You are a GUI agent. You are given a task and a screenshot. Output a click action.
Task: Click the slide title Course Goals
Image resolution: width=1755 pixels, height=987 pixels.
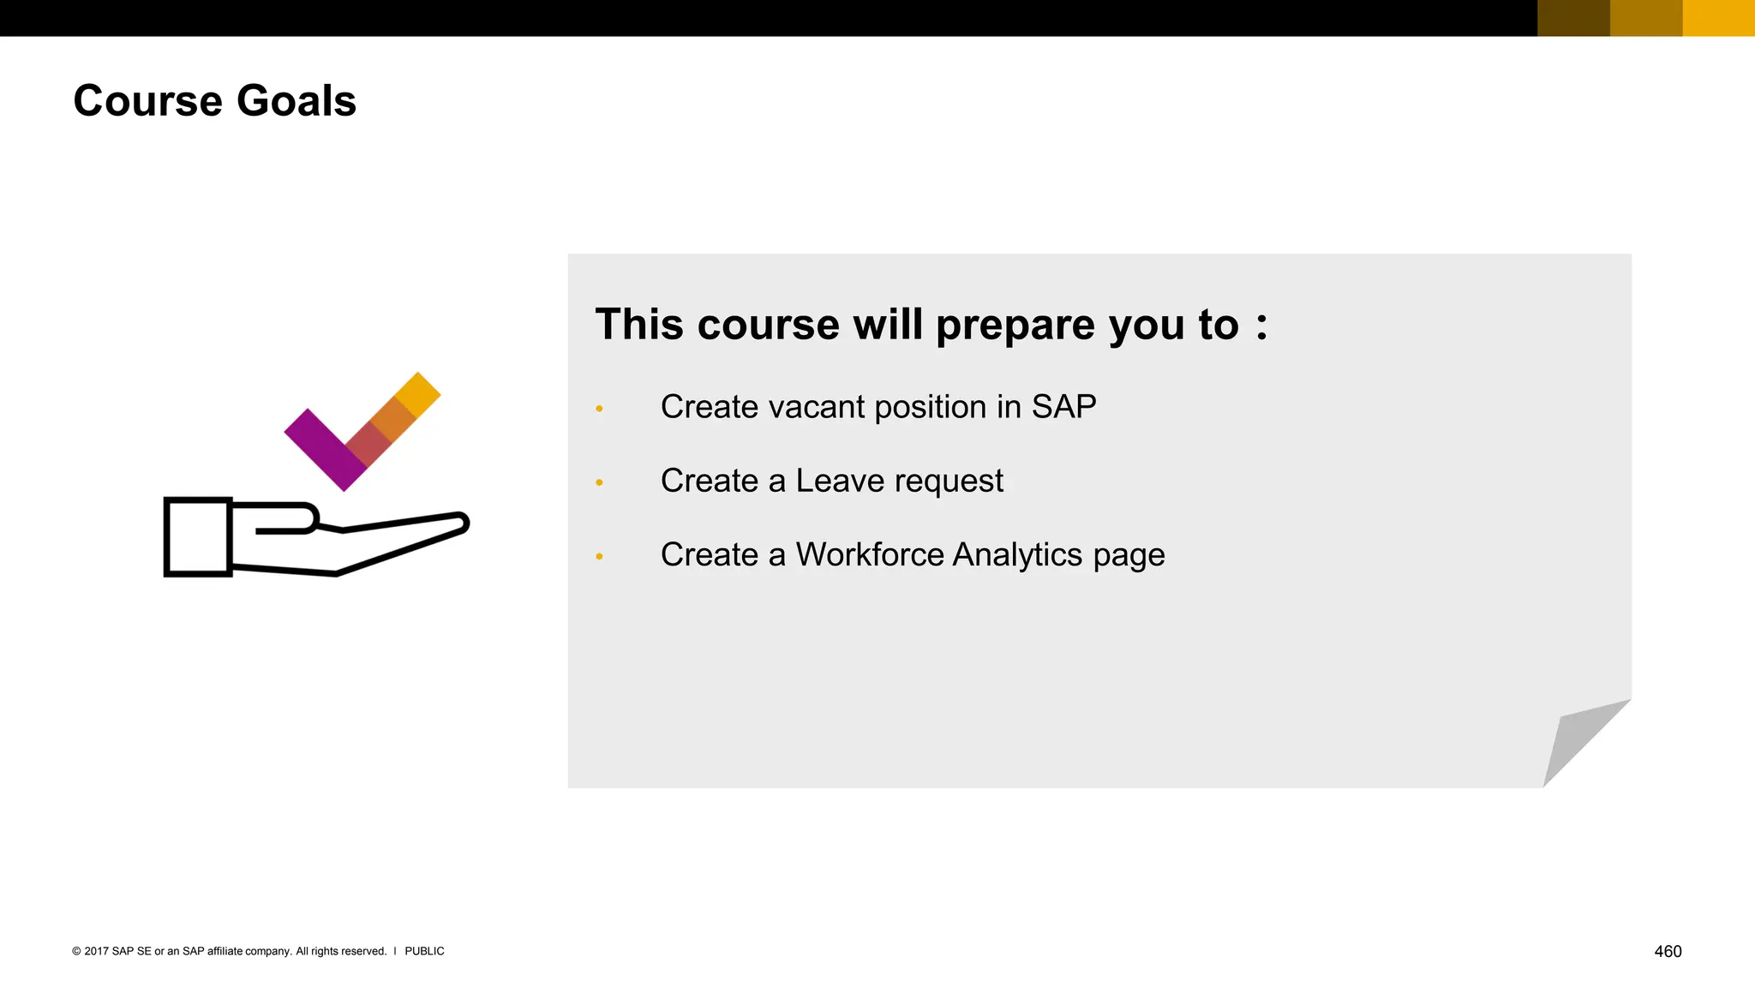tap(214, 101)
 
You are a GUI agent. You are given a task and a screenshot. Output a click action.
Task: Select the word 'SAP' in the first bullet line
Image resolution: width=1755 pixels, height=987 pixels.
tap(1063, 407)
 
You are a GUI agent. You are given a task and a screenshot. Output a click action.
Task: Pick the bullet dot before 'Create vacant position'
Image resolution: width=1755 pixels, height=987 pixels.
tap(600, 409)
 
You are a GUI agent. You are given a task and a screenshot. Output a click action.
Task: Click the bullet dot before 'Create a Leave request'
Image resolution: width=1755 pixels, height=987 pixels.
tap(600, 483)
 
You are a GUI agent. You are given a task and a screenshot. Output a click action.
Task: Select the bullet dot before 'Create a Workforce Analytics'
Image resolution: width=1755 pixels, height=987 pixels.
tap(600, 557)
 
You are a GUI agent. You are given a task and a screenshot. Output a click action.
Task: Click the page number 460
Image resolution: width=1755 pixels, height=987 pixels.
tap(1668, 951)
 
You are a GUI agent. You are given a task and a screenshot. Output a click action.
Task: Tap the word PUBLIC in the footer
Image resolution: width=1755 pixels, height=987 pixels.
tap(424, 951)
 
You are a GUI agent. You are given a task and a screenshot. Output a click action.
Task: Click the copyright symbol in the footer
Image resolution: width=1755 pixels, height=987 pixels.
tap(76, 951)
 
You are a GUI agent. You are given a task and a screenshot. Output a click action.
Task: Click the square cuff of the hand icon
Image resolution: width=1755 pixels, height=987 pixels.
tap(198, 537)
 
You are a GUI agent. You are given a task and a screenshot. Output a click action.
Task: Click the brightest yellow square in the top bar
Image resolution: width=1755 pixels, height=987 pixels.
tap(1718, 18)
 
